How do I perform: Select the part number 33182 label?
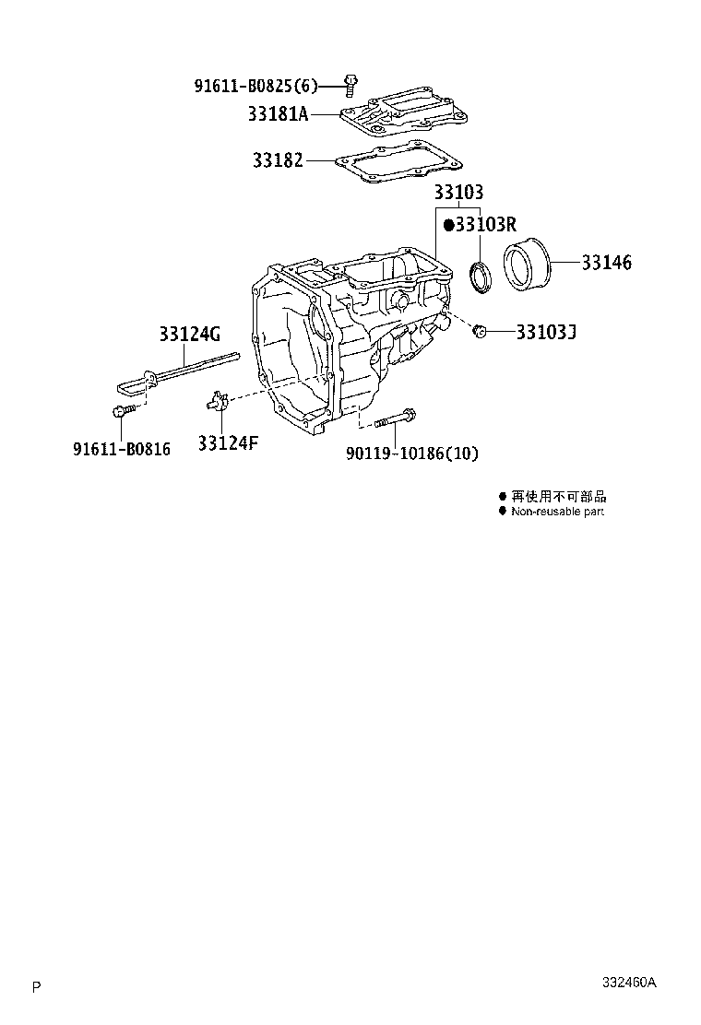(278, 160)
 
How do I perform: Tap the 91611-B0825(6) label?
(255, 87)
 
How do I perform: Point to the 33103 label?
(458, 193)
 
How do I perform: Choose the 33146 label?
(606, 263)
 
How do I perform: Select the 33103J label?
(546, 330)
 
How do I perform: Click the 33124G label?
(189, 334)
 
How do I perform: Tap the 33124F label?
(227, 443)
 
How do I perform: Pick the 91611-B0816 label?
(122, 451)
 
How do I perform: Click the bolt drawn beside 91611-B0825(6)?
(350, 84)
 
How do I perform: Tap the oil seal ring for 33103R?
(480, 277)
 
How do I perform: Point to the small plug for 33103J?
(479, 330)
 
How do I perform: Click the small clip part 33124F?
(215, 401)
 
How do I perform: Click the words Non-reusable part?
(557, 512)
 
